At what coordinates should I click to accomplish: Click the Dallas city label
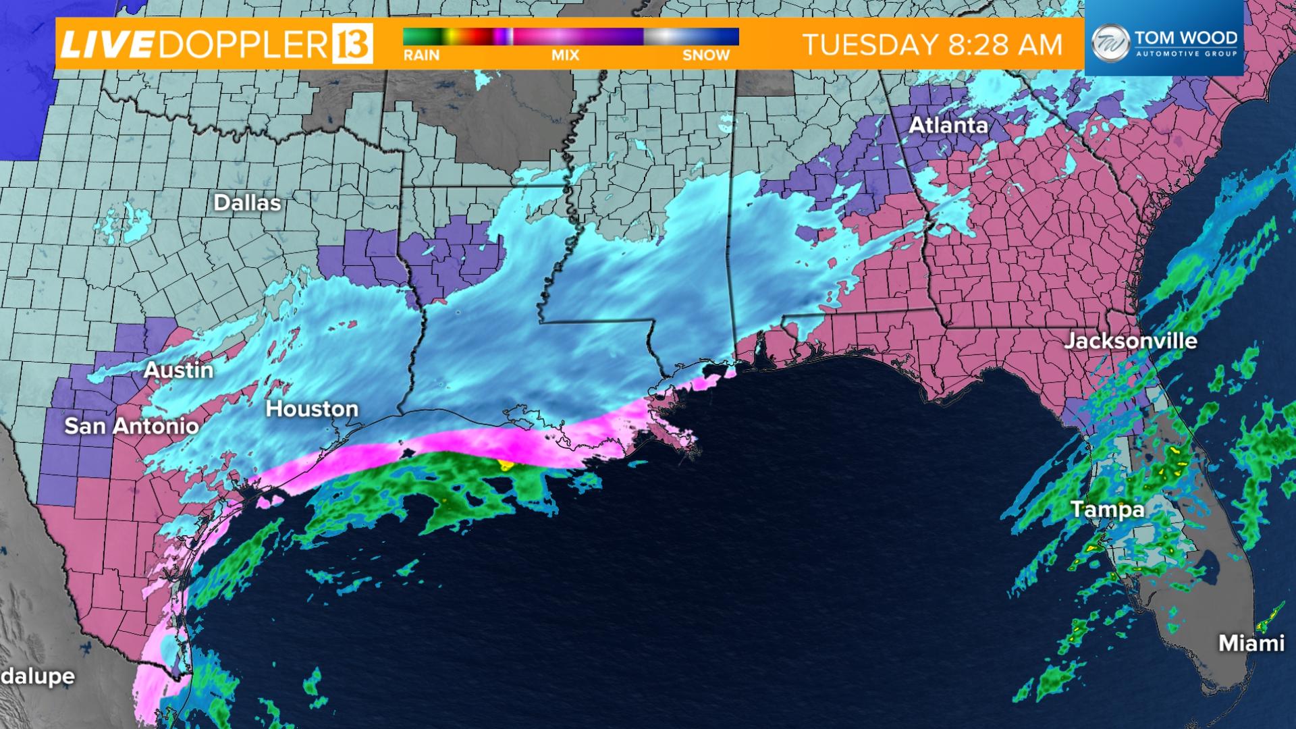click(x=247, y=203)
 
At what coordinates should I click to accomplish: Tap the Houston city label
click(x=312, y=409)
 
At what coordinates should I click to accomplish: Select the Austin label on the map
click(x=179, y=370)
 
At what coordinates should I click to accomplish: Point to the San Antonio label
click(x=132, y=426)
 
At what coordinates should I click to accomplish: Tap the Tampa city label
click(x=1108, y=509)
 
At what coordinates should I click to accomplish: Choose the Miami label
click(x=1251, y=643)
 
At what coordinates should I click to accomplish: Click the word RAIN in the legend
click(x=422, y=55)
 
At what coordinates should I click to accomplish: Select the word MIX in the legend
click(x=566, y=55)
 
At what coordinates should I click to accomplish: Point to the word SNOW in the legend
click(x=706, y=55)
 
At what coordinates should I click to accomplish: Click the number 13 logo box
click(x=352, y=43)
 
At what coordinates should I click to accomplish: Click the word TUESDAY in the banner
click(x=861, y=45)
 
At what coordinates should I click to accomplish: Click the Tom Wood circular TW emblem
click(x=1109, y=41)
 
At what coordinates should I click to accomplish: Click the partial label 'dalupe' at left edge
click(x=37, y=676)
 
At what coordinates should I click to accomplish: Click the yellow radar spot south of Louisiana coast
click(x=504, y=464)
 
